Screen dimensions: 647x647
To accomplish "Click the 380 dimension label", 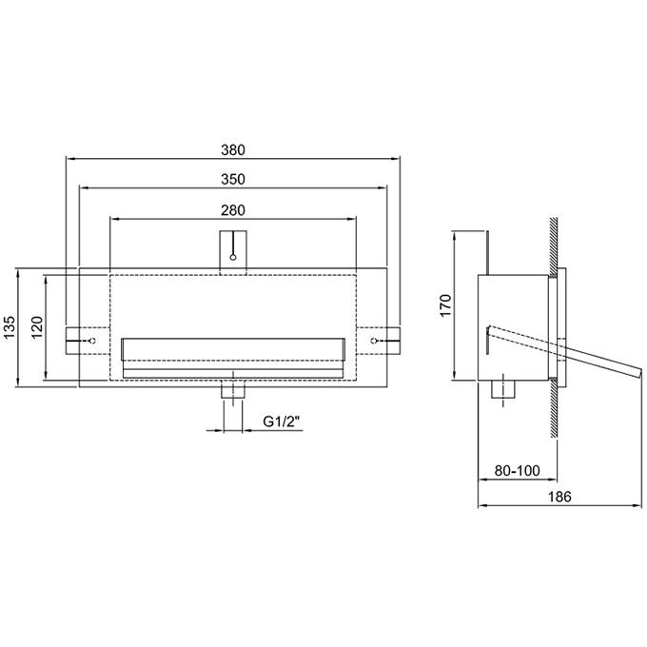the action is pos(233,149).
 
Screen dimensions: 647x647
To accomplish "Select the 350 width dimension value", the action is pos(233,179).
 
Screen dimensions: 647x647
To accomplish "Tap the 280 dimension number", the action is pos(233,210).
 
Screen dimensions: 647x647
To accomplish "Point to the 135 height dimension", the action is pos(10,326).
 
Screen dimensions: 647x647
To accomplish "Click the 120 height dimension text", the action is pos(37,326).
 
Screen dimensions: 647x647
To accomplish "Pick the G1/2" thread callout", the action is pos(282,422).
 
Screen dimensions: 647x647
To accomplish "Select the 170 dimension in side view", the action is pos(446,305).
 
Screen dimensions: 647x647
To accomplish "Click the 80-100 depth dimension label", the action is pos(517,470).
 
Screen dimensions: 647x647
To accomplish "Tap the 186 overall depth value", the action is pos(559,497).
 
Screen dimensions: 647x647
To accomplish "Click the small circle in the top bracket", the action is pos(233,257).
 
